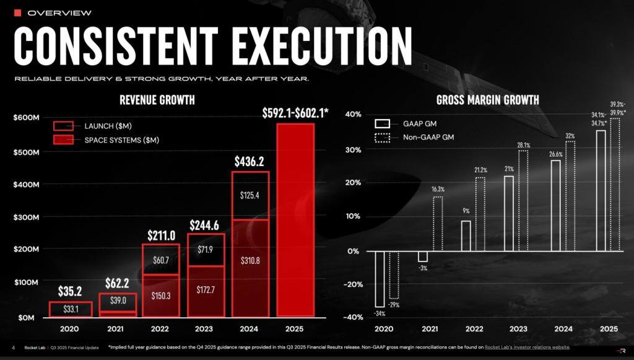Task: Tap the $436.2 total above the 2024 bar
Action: (251, 162)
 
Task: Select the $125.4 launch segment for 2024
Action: (251, 196)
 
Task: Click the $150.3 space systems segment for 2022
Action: (161, 296)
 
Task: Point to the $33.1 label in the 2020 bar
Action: (70, 309)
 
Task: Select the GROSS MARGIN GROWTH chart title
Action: (487, 100)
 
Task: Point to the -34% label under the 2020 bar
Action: (379, 314)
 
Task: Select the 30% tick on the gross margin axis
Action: (353, 149)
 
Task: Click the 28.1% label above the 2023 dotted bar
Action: (523, 145)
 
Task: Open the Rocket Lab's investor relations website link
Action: (526, 347)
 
